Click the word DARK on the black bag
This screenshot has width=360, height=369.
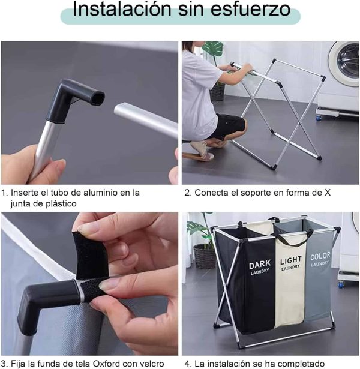coord(260,265)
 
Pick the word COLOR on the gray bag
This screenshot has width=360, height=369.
coord(320,257)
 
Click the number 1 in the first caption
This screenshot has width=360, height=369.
coord(4,193)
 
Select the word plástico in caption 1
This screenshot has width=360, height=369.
coord(61,203)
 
